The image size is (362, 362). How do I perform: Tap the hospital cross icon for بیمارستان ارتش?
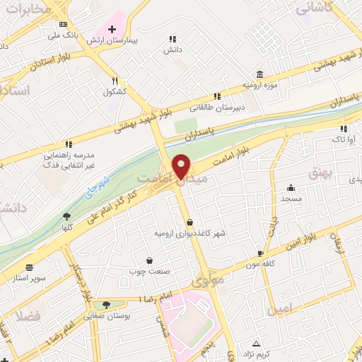[112, 29]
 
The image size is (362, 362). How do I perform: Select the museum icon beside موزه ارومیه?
[260, 74]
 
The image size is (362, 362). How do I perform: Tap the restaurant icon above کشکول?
[115, 81]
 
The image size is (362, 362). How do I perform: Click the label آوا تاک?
[343, 140]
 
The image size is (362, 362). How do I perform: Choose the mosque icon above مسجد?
[291, 188]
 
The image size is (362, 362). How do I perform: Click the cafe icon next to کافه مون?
[261, 253]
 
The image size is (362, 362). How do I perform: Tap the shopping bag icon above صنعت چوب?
[148, 260]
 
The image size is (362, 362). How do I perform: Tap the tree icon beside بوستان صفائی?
[106, 305]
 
